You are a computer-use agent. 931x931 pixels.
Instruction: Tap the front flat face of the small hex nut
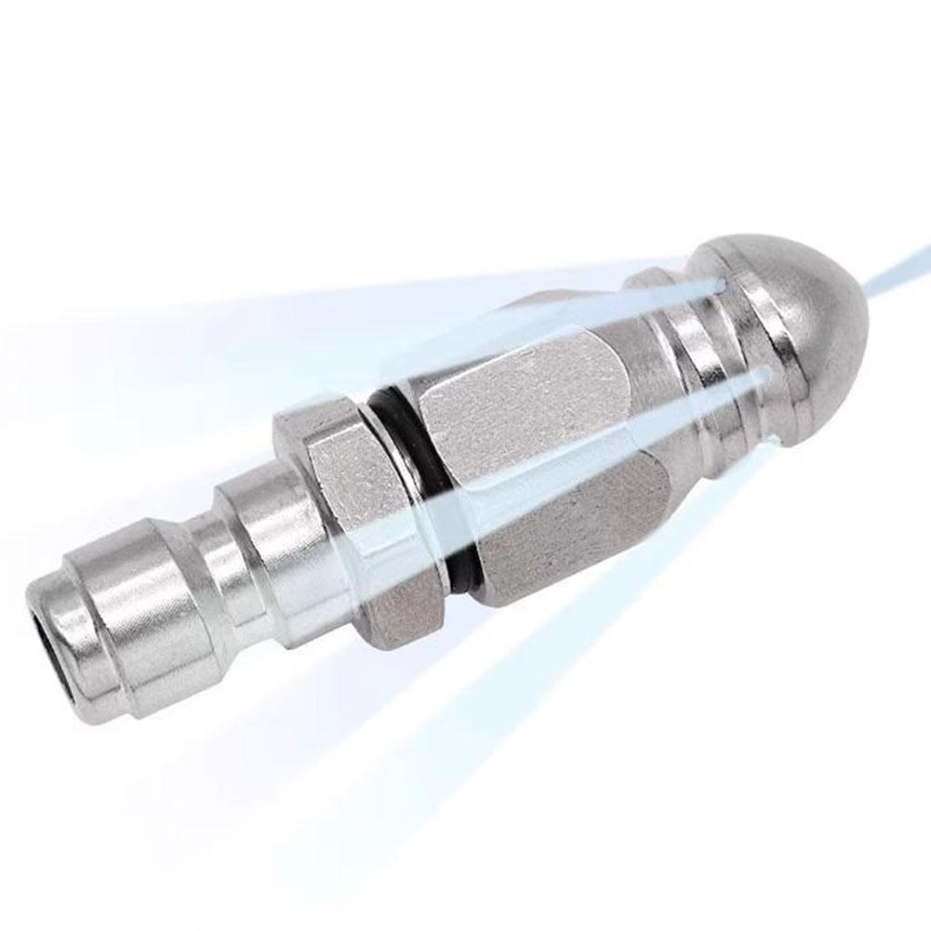click(358, 484)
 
